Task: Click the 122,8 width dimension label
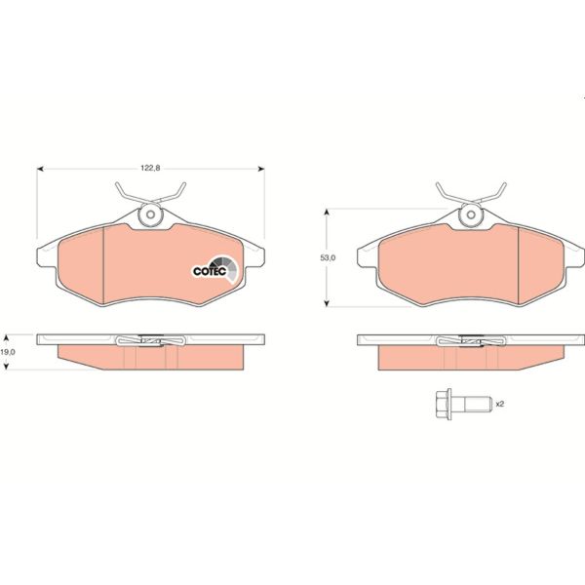pos(149,168)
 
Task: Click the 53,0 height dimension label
pos(328,257)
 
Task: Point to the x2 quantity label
pos(499,403)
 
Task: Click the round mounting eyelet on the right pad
pos(472,217)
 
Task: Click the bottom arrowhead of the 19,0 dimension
pos(8,368)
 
